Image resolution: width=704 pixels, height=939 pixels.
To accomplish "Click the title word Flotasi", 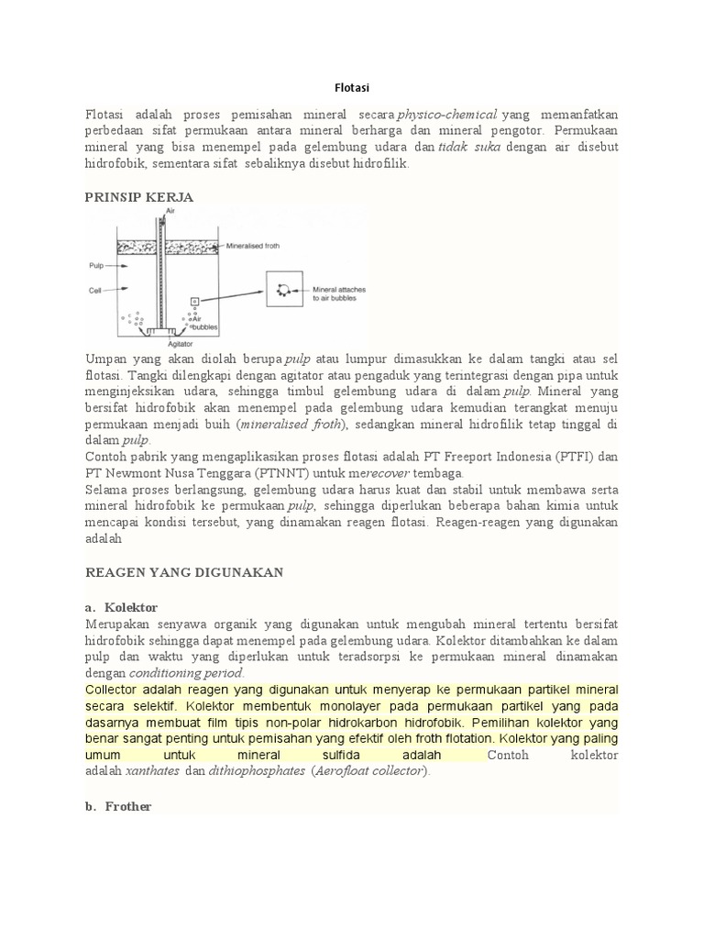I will pos(352,88).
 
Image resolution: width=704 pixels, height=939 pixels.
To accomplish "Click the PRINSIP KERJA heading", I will pos(138,197).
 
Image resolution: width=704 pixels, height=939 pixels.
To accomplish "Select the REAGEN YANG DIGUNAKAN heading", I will pos(184,572).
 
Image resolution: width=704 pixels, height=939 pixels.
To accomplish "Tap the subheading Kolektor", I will pos(131,607).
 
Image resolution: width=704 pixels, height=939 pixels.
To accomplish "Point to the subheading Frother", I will pos(128,806).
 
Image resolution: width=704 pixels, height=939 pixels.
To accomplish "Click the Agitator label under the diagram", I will pos(166,344).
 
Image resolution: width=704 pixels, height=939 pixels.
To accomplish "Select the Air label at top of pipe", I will pos(170,211).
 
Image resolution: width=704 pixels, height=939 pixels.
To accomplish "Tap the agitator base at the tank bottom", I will pos(169,330).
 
